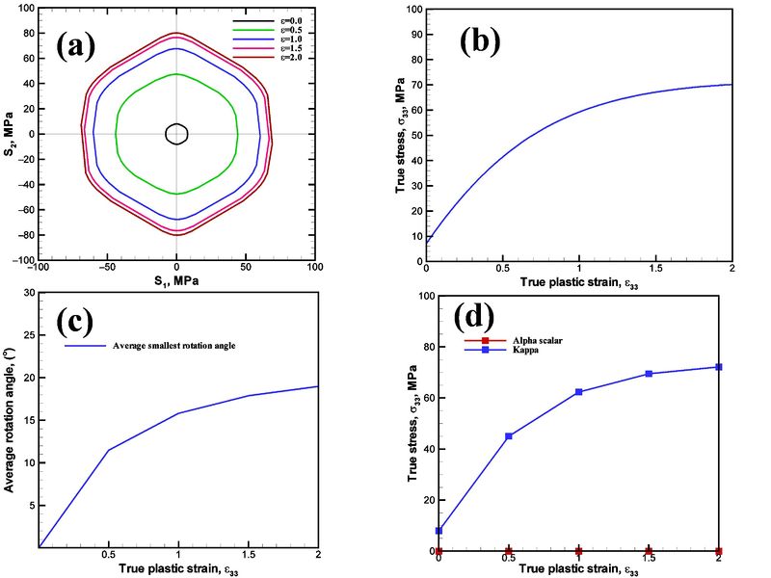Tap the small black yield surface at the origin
175,134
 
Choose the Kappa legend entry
505,352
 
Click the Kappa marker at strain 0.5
508,436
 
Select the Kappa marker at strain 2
718,367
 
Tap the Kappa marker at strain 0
439,531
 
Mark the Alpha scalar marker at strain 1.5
649,551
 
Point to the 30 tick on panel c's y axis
28,292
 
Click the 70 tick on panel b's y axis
415,85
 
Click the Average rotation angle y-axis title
10,419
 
